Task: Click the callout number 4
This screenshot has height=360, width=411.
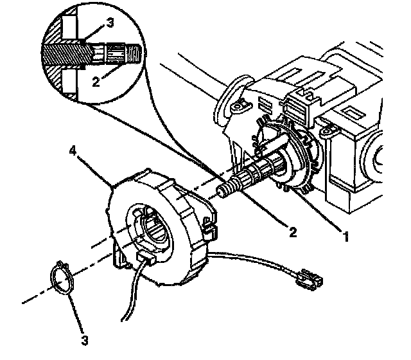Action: (x=74, y=153)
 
